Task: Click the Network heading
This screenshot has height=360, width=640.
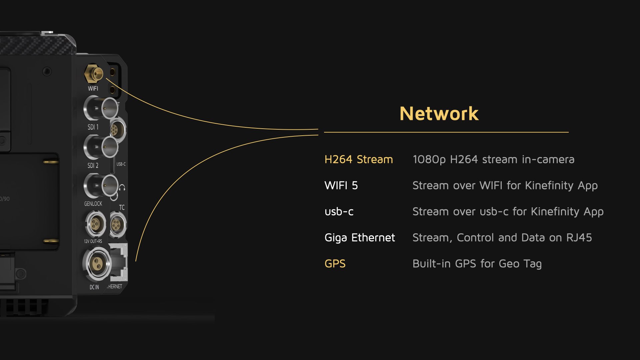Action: tap(439, 114)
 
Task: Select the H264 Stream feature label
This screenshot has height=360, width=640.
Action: tap(359, 159)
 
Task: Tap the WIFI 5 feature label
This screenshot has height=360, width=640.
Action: tap(341, 185)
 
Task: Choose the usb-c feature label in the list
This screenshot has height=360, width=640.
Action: tap(339, 212)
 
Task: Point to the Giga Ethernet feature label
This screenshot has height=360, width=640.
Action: tap(360, 238)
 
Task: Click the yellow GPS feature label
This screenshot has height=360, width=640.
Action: tap(335, 264)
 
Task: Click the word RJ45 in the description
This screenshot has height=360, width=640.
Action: tap(579, 238)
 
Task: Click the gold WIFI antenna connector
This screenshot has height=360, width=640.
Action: tap(94, 73)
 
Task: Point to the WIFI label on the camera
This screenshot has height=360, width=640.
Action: tap(93, 89)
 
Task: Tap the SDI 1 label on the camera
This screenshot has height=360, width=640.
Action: tap(93, 127)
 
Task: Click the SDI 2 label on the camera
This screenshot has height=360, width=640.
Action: tap(93, 165)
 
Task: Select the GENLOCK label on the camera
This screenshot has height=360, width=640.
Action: tap(93, 204)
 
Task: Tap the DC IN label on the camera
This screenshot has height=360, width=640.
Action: tap(94, 287)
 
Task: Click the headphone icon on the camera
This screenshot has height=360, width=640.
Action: tap(122, 187)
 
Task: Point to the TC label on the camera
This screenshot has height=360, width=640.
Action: tap(122, 207)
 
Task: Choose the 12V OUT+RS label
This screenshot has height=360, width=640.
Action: tap(93, 241)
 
